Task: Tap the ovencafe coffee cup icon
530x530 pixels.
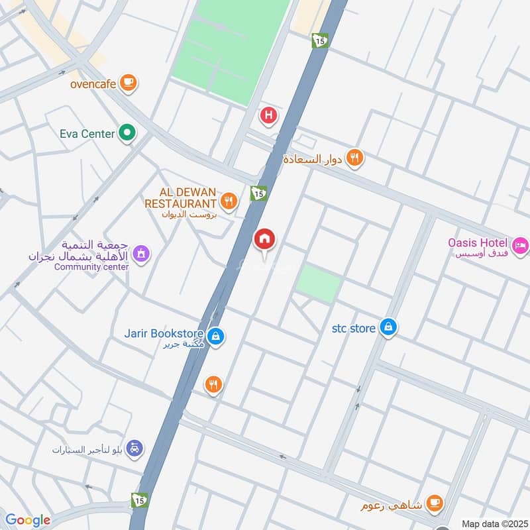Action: [129, 83]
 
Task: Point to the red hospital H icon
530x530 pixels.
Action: [268, 117]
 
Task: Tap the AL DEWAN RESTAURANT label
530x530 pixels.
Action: [181, 197]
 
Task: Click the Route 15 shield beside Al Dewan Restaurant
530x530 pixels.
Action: [258, 193]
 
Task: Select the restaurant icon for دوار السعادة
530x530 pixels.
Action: [356, 158]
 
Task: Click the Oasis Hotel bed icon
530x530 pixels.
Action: [521, 245]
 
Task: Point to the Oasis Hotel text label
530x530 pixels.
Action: [478, 243]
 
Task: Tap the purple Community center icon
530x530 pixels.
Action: [140, 253]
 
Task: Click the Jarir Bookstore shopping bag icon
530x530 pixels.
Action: [215, 337]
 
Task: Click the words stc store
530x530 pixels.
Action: [354, 327]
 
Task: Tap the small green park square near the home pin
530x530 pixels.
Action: [318, 284]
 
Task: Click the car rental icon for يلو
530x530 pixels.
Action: [134, 449]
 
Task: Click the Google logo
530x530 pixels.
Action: [28, 520]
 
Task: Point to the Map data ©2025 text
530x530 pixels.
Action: [494, 523]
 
